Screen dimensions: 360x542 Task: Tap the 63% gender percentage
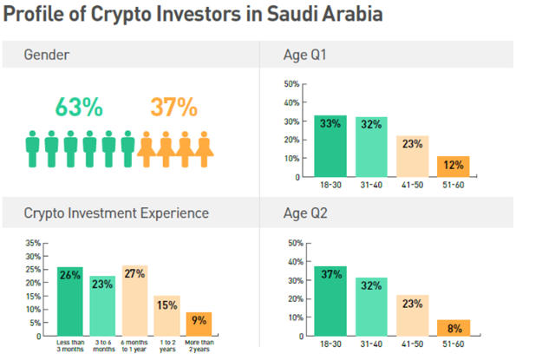79,108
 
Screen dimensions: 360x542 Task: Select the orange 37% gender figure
173,108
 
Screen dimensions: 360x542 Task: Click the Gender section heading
47,56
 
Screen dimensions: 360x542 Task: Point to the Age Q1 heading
304,56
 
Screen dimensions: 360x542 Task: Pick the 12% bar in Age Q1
453,167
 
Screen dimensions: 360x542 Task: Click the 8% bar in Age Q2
453,328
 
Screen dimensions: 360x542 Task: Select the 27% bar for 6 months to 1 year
134,300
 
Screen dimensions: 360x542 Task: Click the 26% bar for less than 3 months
70,301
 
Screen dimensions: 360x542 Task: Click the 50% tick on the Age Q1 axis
291,84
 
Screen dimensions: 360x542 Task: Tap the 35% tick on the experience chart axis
31,243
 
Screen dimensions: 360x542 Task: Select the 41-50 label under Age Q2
412,344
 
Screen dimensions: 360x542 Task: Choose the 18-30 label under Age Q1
330,185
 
